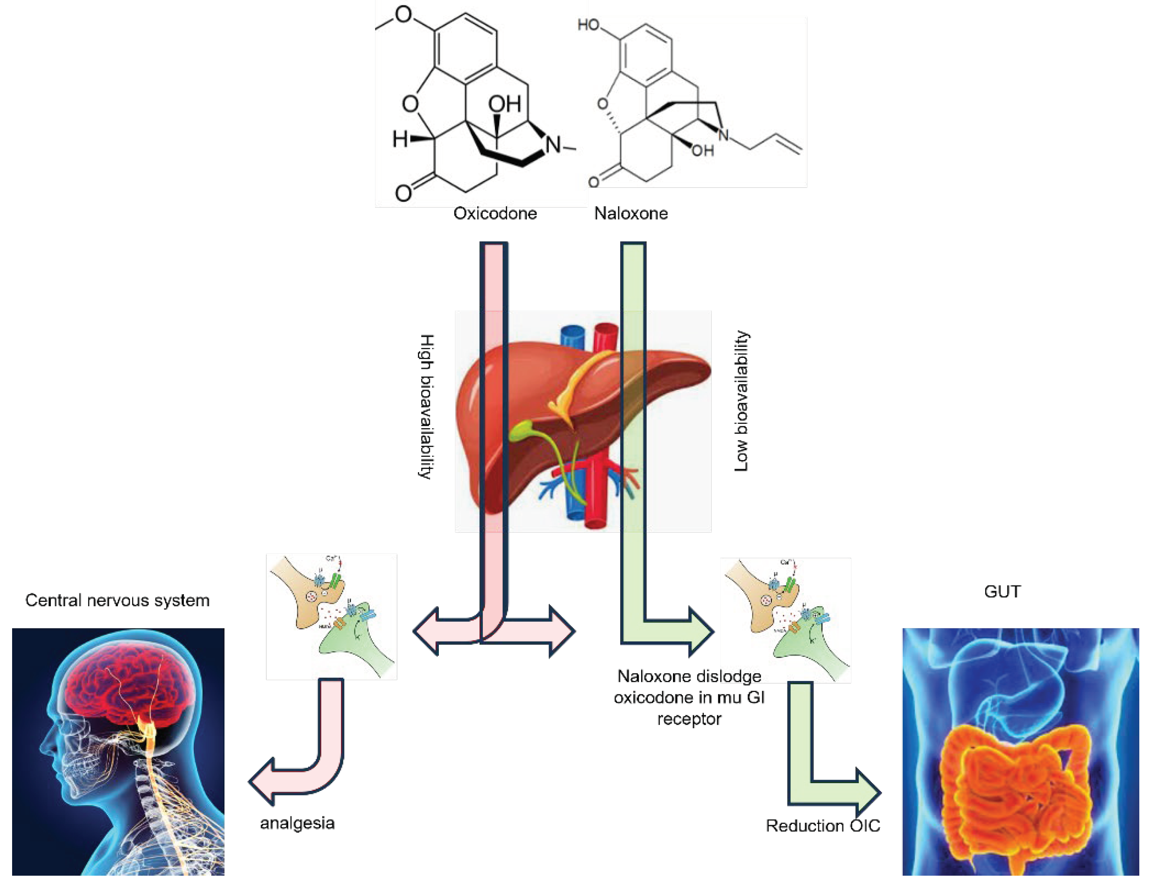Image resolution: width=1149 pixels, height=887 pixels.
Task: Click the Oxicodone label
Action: coord(495,213)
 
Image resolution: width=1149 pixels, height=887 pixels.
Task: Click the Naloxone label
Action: coord(631,213)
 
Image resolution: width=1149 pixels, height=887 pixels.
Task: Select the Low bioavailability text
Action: coord(741,401)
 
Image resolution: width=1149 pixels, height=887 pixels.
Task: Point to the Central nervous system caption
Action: coord(117,600)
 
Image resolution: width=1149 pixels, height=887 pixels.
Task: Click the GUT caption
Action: coord(1002,591)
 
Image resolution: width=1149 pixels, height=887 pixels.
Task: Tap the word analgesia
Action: coord(297,823)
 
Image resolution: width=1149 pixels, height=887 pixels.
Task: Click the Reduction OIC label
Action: coord(823,826)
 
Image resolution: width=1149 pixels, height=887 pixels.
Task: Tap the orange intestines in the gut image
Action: coord(1015,790)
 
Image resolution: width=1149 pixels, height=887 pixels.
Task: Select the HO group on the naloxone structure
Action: coord(588,25)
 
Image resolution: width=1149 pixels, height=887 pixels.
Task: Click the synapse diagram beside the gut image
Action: coord(785,620)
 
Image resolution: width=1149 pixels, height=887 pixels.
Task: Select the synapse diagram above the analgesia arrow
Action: coord(331,616)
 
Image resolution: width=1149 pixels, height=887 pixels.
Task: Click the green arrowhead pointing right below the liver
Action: coord(700,631)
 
